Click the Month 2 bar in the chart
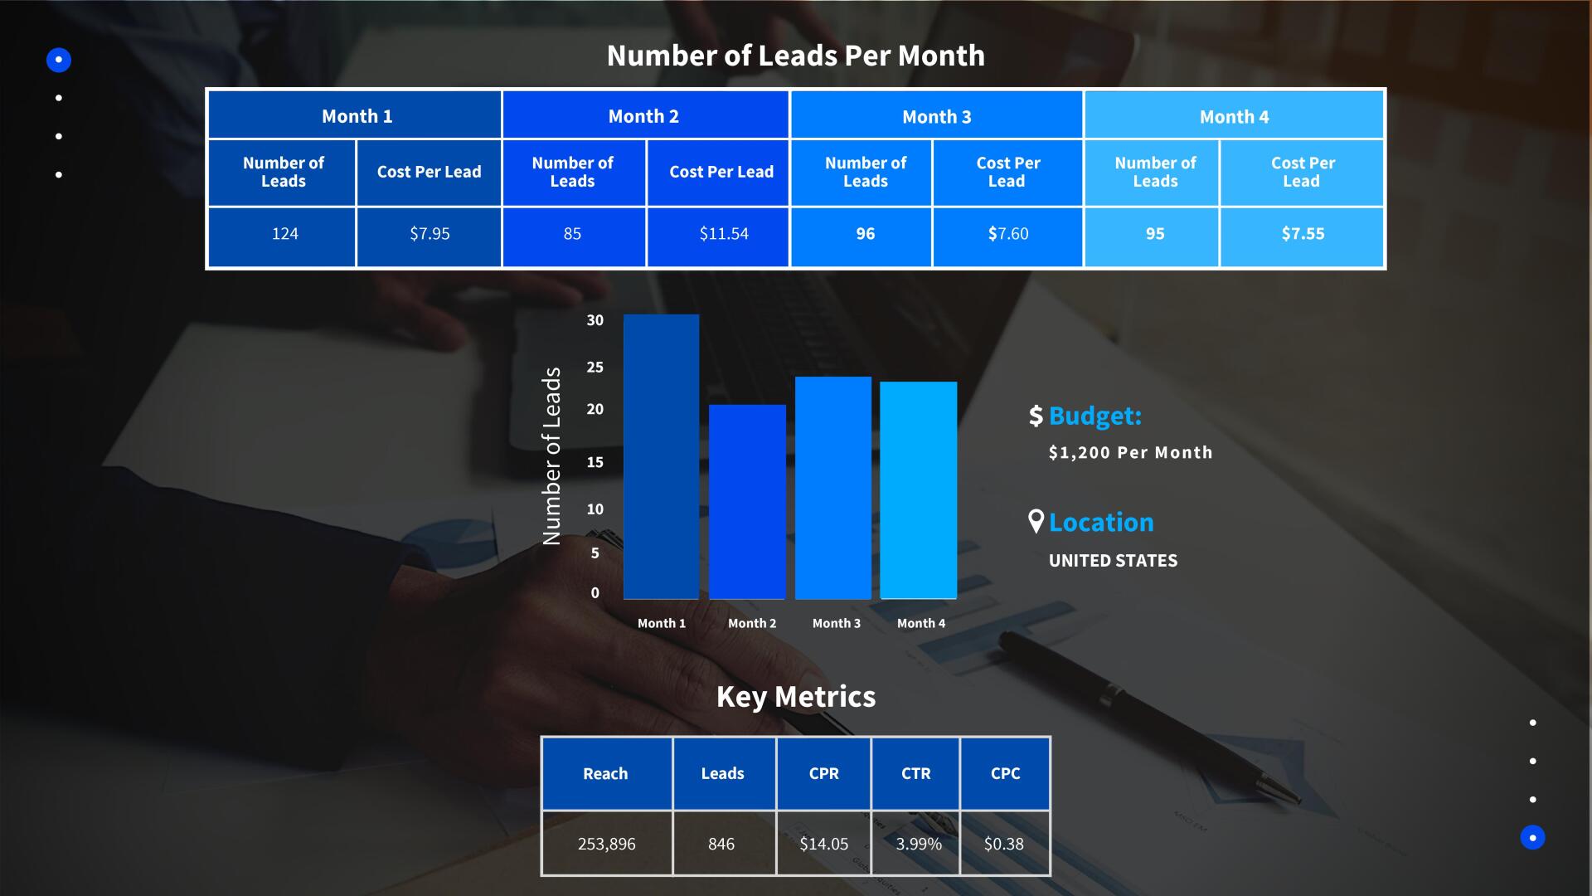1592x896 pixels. [x=747, y=502]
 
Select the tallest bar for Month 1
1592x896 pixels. [x=661, y=456]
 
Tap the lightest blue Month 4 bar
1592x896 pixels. [x=918, y=490]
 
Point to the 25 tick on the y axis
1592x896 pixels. [x=595, y=367]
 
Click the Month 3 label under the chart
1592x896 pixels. [x=836, y=623]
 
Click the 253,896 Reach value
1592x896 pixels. [x=607, y=844]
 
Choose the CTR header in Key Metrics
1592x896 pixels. [x=916, y=773]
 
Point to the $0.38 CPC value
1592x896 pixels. [x=1003, y=844]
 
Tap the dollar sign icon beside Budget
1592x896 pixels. [x=1036, y=416]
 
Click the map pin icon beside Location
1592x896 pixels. [x=1036, y=521]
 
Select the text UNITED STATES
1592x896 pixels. [x=1113, y=561]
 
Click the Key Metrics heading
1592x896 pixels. [x=796, y=697]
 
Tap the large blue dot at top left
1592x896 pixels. [x=59, y=60]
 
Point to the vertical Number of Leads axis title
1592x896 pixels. [x=551, y=456]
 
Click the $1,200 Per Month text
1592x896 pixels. [x=1130, y=452]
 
